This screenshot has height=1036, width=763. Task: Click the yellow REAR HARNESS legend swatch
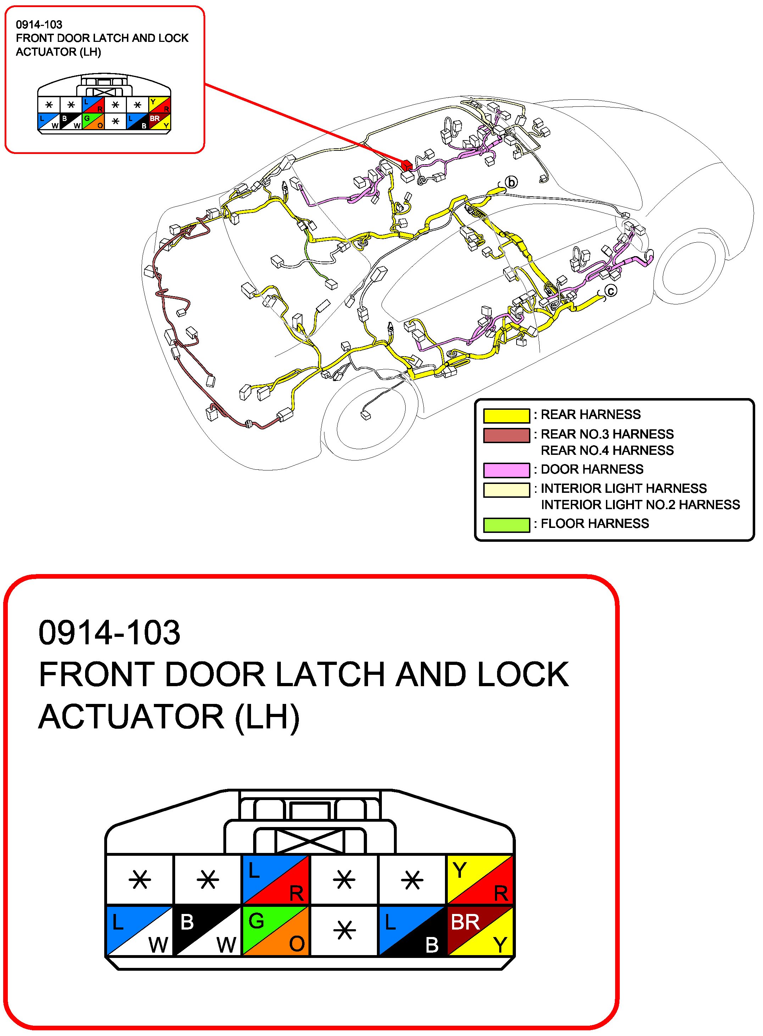(506, 415)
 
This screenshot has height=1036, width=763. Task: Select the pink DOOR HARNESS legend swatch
(506, 470)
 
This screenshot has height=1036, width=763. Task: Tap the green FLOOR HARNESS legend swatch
(506, 525)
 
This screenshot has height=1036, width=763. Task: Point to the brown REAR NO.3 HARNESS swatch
(506, 435)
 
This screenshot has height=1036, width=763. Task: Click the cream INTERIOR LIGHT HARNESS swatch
(506, 490)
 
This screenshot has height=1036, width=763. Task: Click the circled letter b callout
(511, 182)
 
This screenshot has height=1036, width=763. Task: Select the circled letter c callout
(611, 291)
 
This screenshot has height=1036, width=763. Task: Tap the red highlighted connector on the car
(406, 165)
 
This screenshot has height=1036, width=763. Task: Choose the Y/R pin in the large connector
(480, 879)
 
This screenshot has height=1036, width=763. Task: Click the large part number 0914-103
(110, 633)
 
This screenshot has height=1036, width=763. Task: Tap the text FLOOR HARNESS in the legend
(595, 524)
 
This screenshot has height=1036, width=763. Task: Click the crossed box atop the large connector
(310, 841)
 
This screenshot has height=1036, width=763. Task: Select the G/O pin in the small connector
(93, 122)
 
